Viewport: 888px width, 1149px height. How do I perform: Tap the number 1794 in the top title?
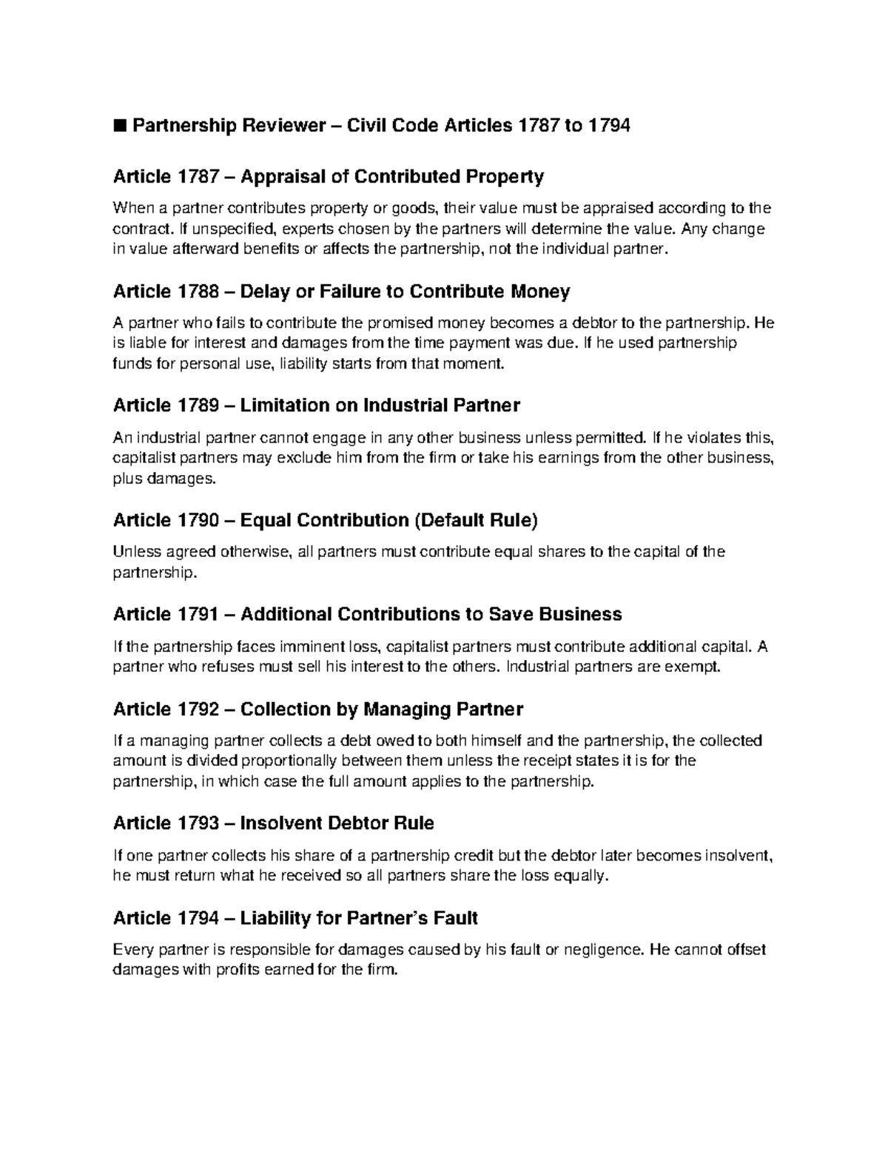click(608, 126)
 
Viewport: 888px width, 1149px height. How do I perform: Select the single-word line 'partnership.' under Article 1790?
click(155, 573)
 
